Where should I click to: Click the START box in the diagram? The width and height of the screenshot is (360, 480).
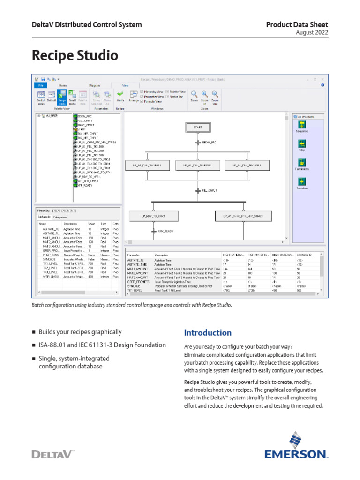click(197, 127)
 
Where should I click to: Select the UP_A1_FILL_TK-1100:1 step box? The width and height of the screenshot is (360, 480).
click(147, 165)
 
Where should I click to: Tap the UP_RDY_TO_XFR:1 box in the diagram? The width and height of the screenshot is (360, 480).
click(153, 216)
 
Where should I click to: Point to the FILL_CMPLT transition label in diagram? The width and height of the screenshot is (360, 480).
click(210, 190)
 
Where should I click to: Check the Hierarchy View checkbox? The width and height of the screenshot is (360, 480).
click(142, 92)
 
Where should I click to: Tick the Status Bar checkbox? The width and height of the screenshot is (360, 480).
click(167, 97)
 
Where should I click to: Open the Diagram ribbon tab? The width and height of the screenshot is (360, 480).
click(94, 85)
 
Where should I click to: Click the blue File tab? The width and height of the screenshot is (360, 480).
click(40, 85)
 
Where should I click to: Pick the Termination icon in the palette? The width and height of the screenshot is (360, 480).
click(302, 162)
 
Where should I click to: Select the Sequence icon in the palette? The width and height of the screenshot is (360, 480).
click(302, 125)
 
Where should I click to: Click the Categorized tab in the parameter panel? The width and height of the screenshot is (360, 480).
click(60, 217)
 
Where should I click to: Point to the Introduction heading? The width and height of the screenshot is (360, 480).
click(208, 333)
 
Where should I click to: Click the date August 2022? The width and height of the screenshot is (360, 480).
click(312, 32)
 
